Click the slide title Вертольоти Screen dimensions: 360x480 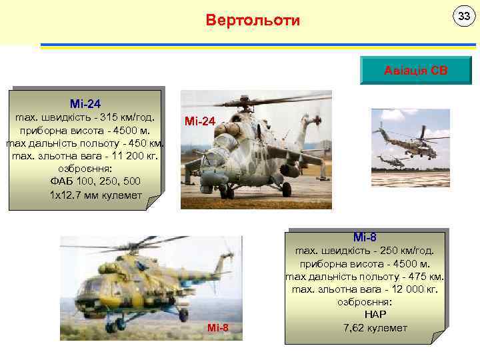[x=253, y=20]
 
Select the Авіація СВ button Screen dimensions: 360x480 [x=415, y=70]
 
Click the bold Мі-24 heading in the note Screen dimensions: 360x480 [x=85, y=104]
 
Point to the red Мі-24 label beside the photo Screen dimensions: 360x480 [x=199, y=121]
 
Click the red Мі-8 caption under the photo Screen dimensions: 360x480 [x=217, y=327]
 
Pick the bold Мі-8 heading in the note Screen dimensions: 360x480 [x=365, y=237]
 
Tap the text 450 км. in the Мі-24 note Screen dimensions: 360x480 [x=147, y=143]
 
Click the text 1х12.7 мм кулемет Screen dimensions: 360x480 [x=86, y=194]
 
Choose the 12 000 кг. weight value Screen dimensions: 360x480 [x=413, y=289]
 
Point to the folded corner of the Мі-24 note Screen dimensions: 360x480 [x=154, y=203]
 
